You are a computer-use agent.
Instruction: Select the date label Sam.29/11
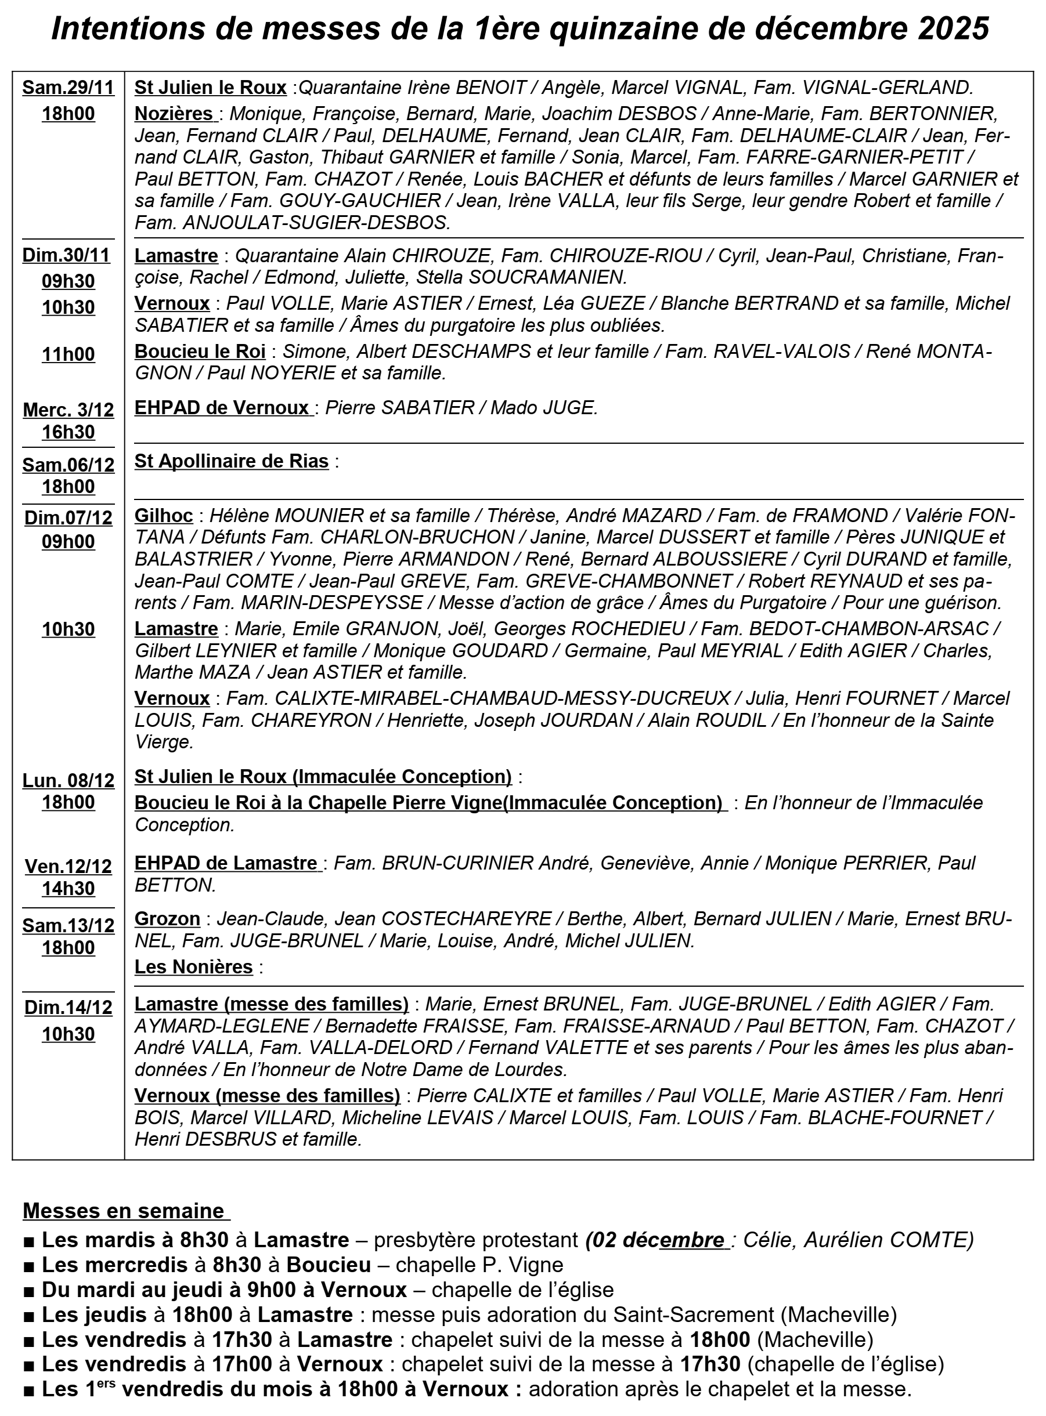coord(68,88)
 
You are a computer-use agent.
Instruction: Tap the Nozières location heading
coord(174,114)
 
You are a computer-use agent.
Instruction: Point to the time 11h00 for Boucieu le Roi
coord(68,354)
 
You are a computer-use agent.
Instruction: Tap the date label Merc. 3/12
coord(68,410)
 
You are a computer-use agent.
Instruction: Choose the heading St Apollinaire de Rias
coord(231,461)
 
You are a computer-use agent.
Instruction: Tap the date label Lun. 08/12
coord(68,781)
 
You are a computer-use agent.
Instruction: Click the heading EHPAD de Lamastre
coord(226,863)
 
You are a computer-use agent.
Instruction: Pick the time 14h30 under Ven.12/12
coord(68,888)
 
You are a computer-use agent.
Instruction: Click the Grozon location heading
coord(167,919)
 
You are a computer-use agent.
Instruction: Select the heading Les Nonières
coord(194,967)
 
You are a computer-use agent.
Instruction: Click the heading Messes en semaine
coord(124,1211)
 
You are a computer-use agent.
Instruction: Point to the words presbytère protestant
coord(475,1240)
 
